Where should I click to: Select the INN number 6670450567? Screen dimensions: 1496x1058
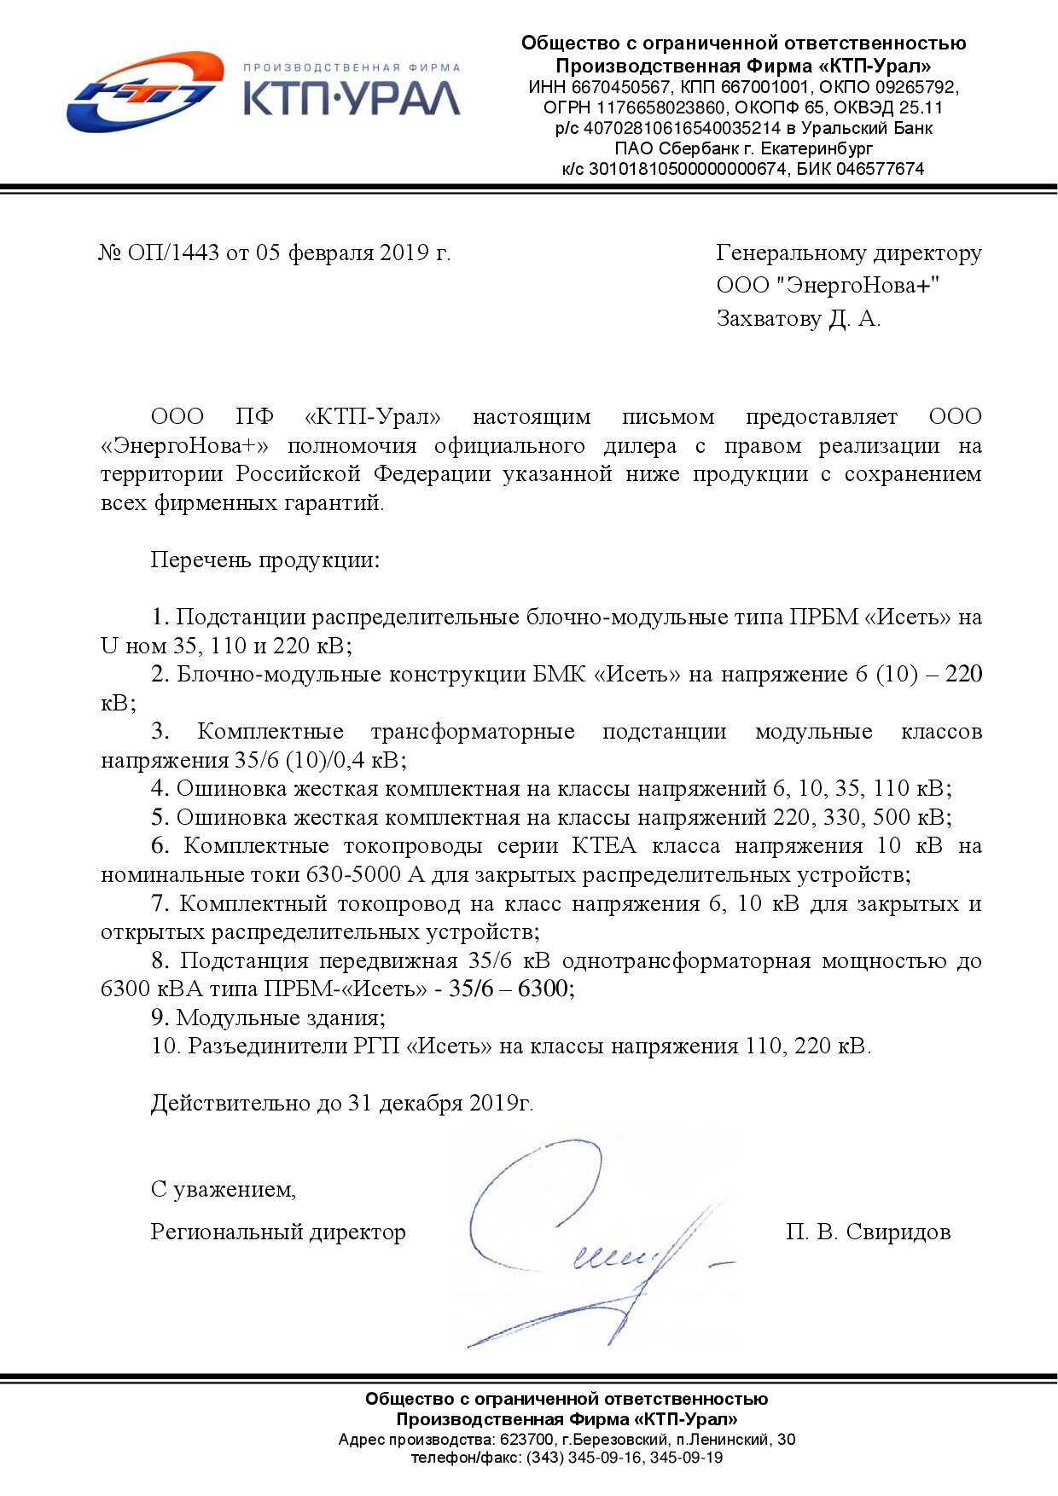621,87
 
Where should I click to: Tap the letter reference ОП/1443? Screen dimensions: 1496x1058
174,252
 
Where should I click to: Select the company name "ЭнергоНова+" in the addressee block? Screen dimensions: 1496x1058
861,285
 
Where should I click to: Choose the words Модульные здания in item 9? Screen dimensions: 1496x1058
281,1018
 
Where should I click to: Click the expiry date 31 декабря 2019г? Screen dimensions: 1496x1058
440,1103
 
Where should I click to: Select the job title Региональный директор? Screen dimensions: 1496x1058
278,1232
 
